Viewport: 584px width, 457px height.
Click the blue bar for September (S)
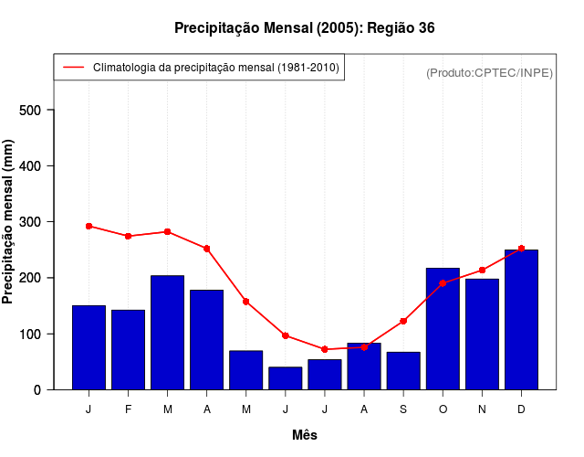point(403,370)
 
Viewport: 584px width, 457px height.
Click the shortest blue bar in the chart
point(285,377)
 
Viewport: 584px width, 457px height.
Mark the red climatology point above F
point(128,236)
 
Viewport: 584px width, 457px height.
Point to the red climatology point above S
point(403,321)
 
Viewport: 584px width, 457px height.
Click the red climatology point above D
point(521,249)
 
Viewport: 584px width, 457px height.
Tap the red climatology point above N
point(482,270)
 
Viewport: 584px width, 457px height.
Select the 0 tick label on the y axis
point(37,389)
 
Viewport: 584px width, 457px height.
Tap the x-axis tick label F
point(128,409)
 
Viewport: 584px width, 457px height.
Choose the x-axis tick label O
point(443,409)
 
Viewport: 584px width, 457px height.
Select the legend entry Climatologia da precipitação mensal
point(215,68)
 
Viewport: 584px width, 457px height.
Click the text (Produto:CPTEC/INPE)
point(489,72)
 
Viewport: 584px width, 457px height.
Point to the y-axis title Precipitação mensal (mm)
point(9,222)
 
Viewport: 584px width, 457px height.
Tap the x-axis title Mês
point(305,435)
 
